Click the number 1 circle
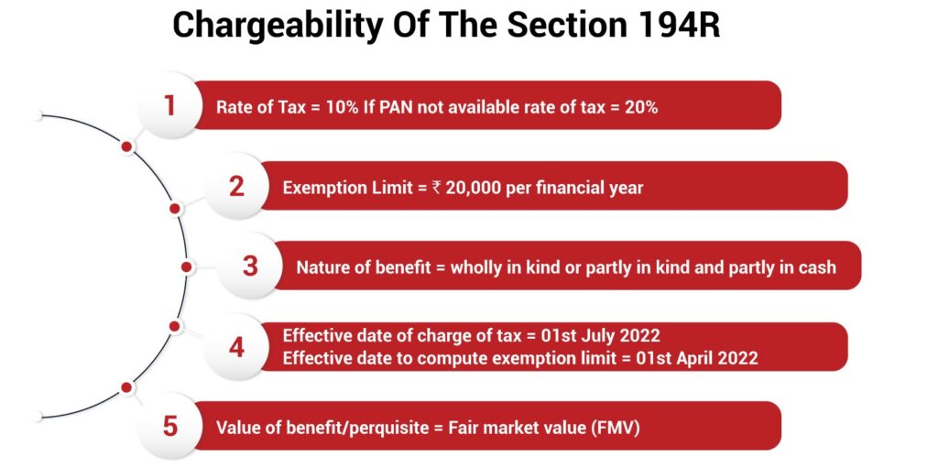point(169,106)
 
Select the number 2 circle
point(236,187)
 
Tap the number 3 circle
point(250,266)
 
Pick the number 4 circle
point(236,347)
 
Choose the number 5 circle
point(169,427)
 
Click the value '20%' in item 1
point(640,107)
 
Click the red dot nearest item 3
point(186,267)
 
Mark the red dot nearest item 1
point(127,147)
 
